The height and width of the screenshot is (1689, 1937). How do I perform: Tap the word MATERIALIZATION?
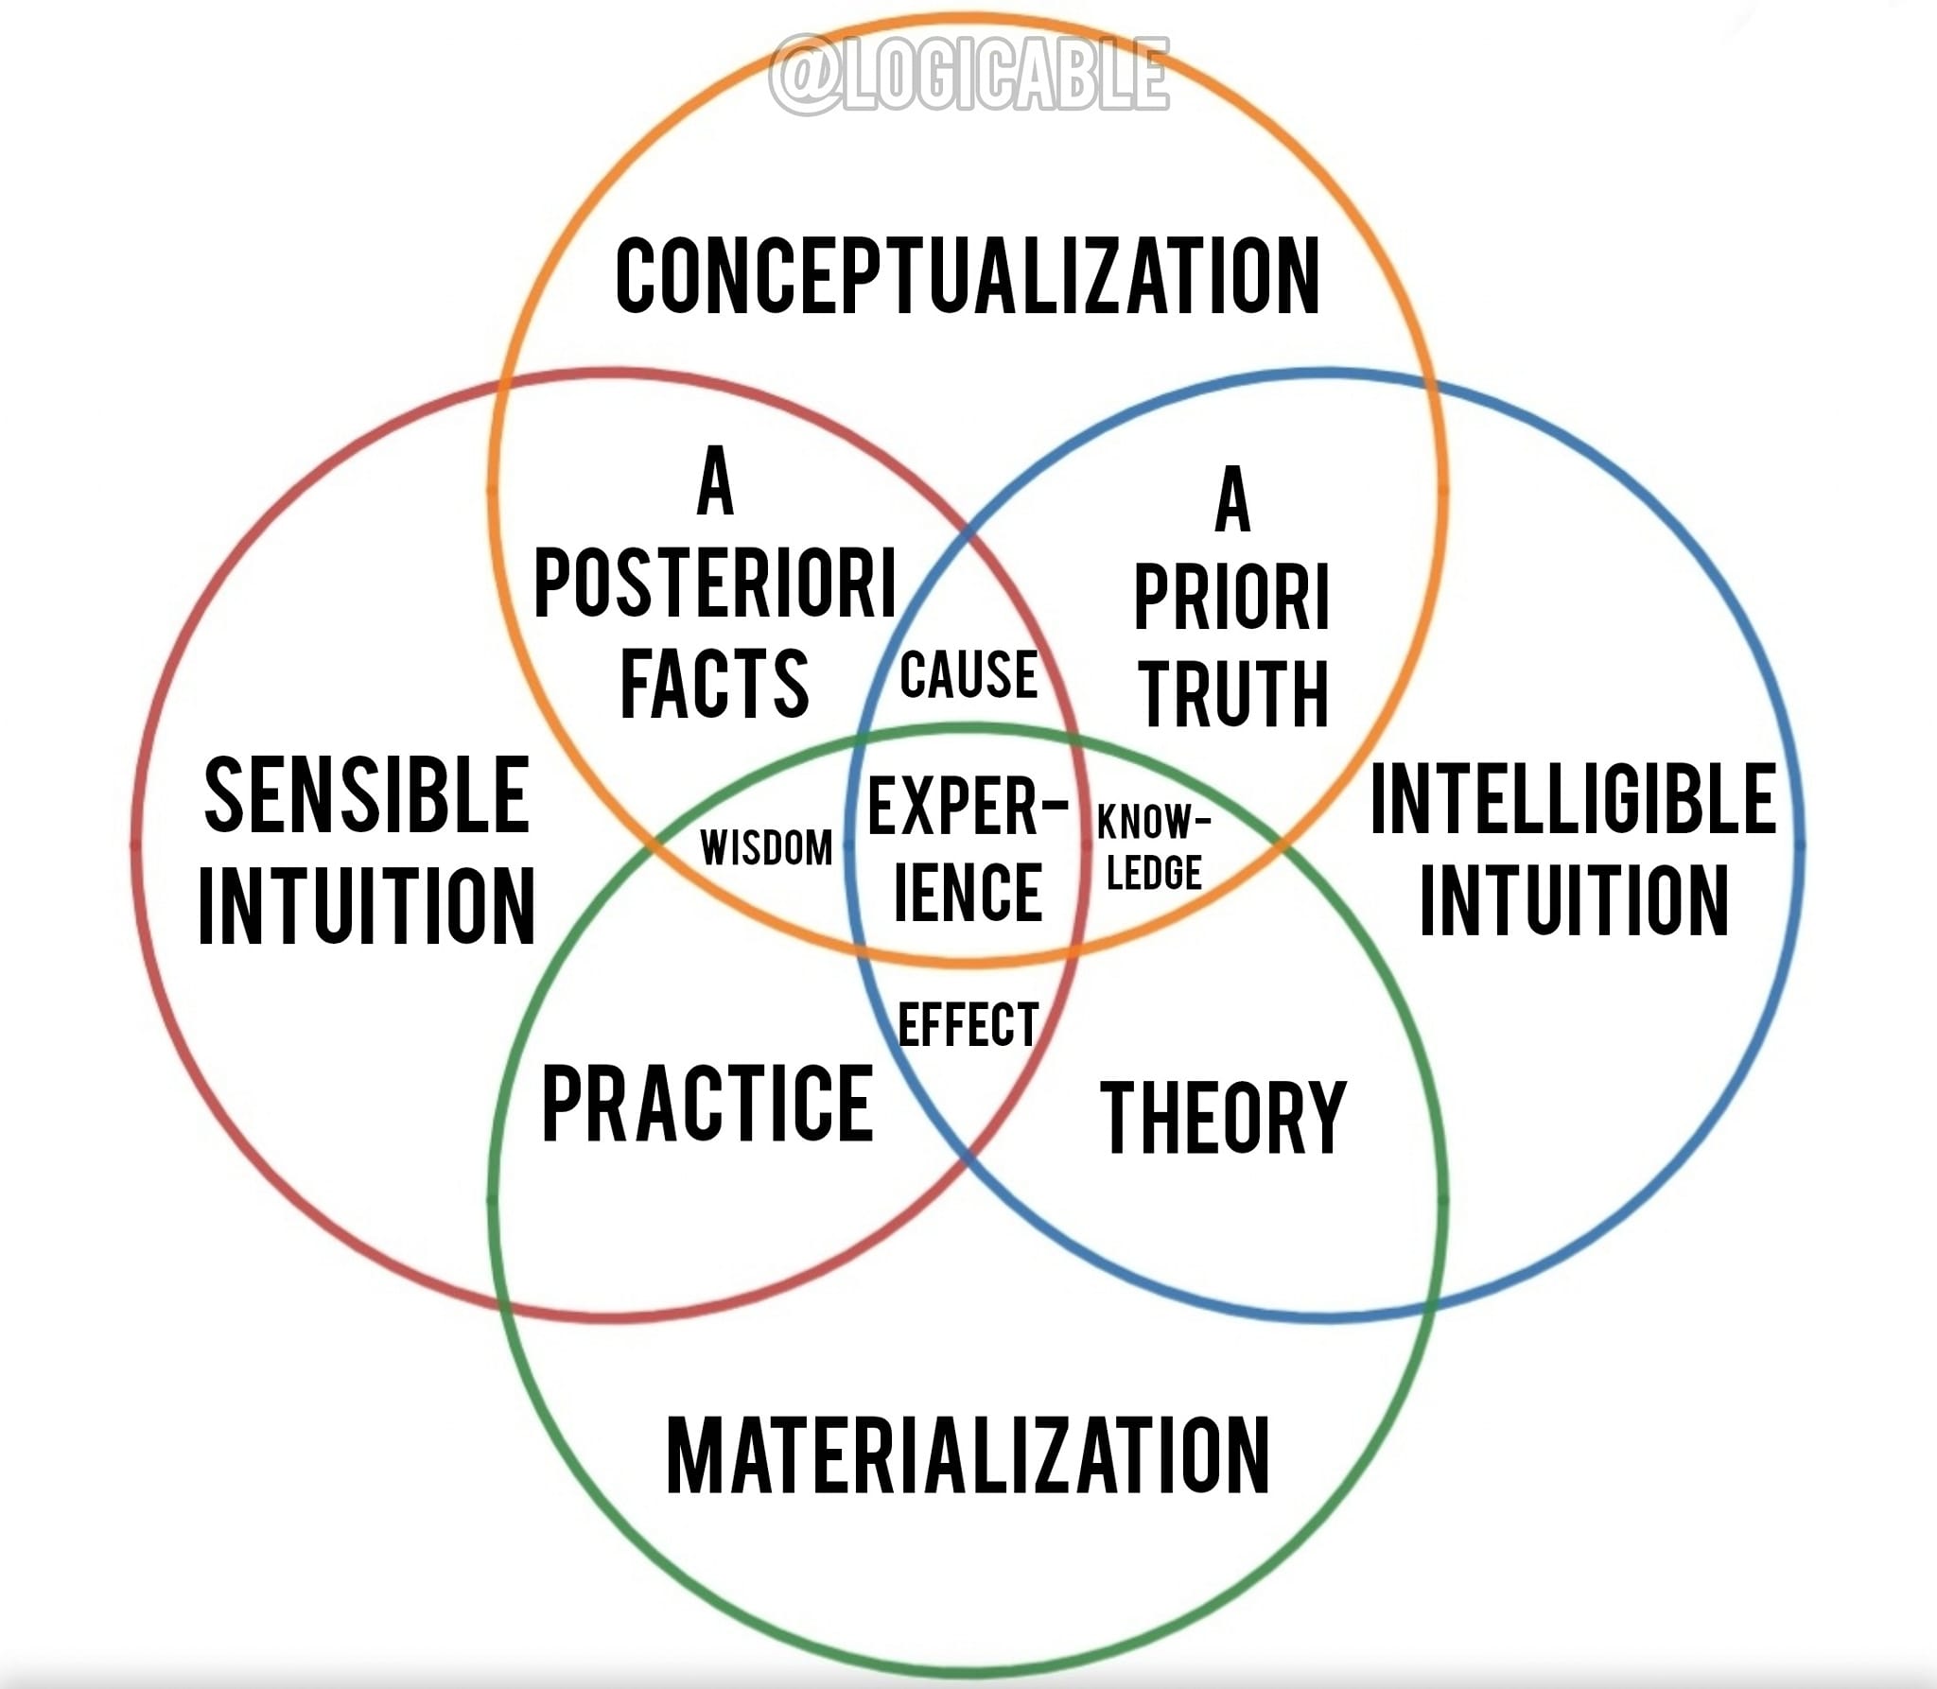pos(968,1455)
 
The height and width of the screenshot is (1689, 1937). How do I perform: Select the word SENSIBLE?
pos(367,796)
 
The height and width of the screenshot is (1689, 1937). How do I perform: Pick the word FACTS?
pos(714,682)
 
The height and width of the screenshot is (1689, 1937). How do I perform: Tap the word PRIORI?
pos(1231,597)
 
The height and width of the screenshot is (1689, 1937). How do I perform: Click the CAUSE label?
pos(968,674)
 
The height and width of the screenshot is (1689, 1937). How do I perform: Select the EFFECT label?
pos(968,1025)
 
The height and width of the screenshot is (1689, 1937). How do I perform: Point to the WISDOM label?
pos(766,847)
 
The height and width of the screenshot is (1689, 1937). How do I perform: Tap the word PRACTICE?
pos(707,1103)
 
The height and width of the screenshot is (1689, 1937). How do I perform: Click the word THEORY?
pos(1223,1118)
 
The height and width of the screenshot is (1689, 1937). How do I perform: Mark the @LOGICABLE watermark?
pos(968,76)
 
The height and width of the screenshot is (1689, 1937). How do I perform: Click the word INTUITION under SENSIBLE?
pos(367,905)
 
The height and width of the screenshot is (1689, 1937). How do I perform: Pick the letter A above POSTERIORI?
pos(715,482)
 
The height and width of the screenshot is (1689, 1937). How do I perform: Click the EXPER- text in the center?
pos(968,807)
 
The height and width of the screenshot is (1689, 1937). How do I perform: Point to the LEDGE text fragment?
pos(1154,872)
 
